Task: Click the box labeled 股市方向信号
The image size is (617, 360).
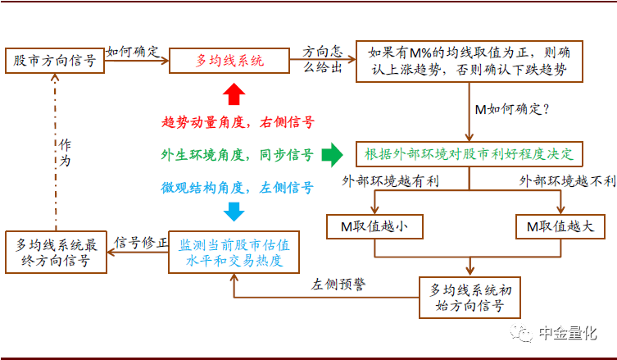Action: coord(55,60)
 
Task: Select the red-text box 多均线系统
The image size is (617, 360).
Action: coord(229,61)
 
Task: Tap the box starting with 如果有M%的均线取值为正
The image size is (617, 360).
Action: coord(470,61)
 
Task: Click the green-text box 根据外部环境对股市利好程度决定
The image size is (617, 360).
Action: coord(469,153)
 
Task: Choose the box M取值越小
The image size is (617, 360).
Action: coord(373,226)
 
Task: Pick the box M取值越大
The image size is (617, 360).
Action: coord(560,226)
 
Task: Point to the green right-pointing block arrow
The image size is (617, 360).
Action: coord(332,153)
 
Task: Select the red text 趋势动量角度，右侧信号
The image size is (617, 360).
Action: coord(238,122)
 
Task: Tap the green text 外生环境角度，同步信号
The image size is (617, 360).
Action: coord(238,154)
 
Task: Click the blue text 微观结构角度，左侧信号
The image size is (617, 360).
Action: coord(238,187)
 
